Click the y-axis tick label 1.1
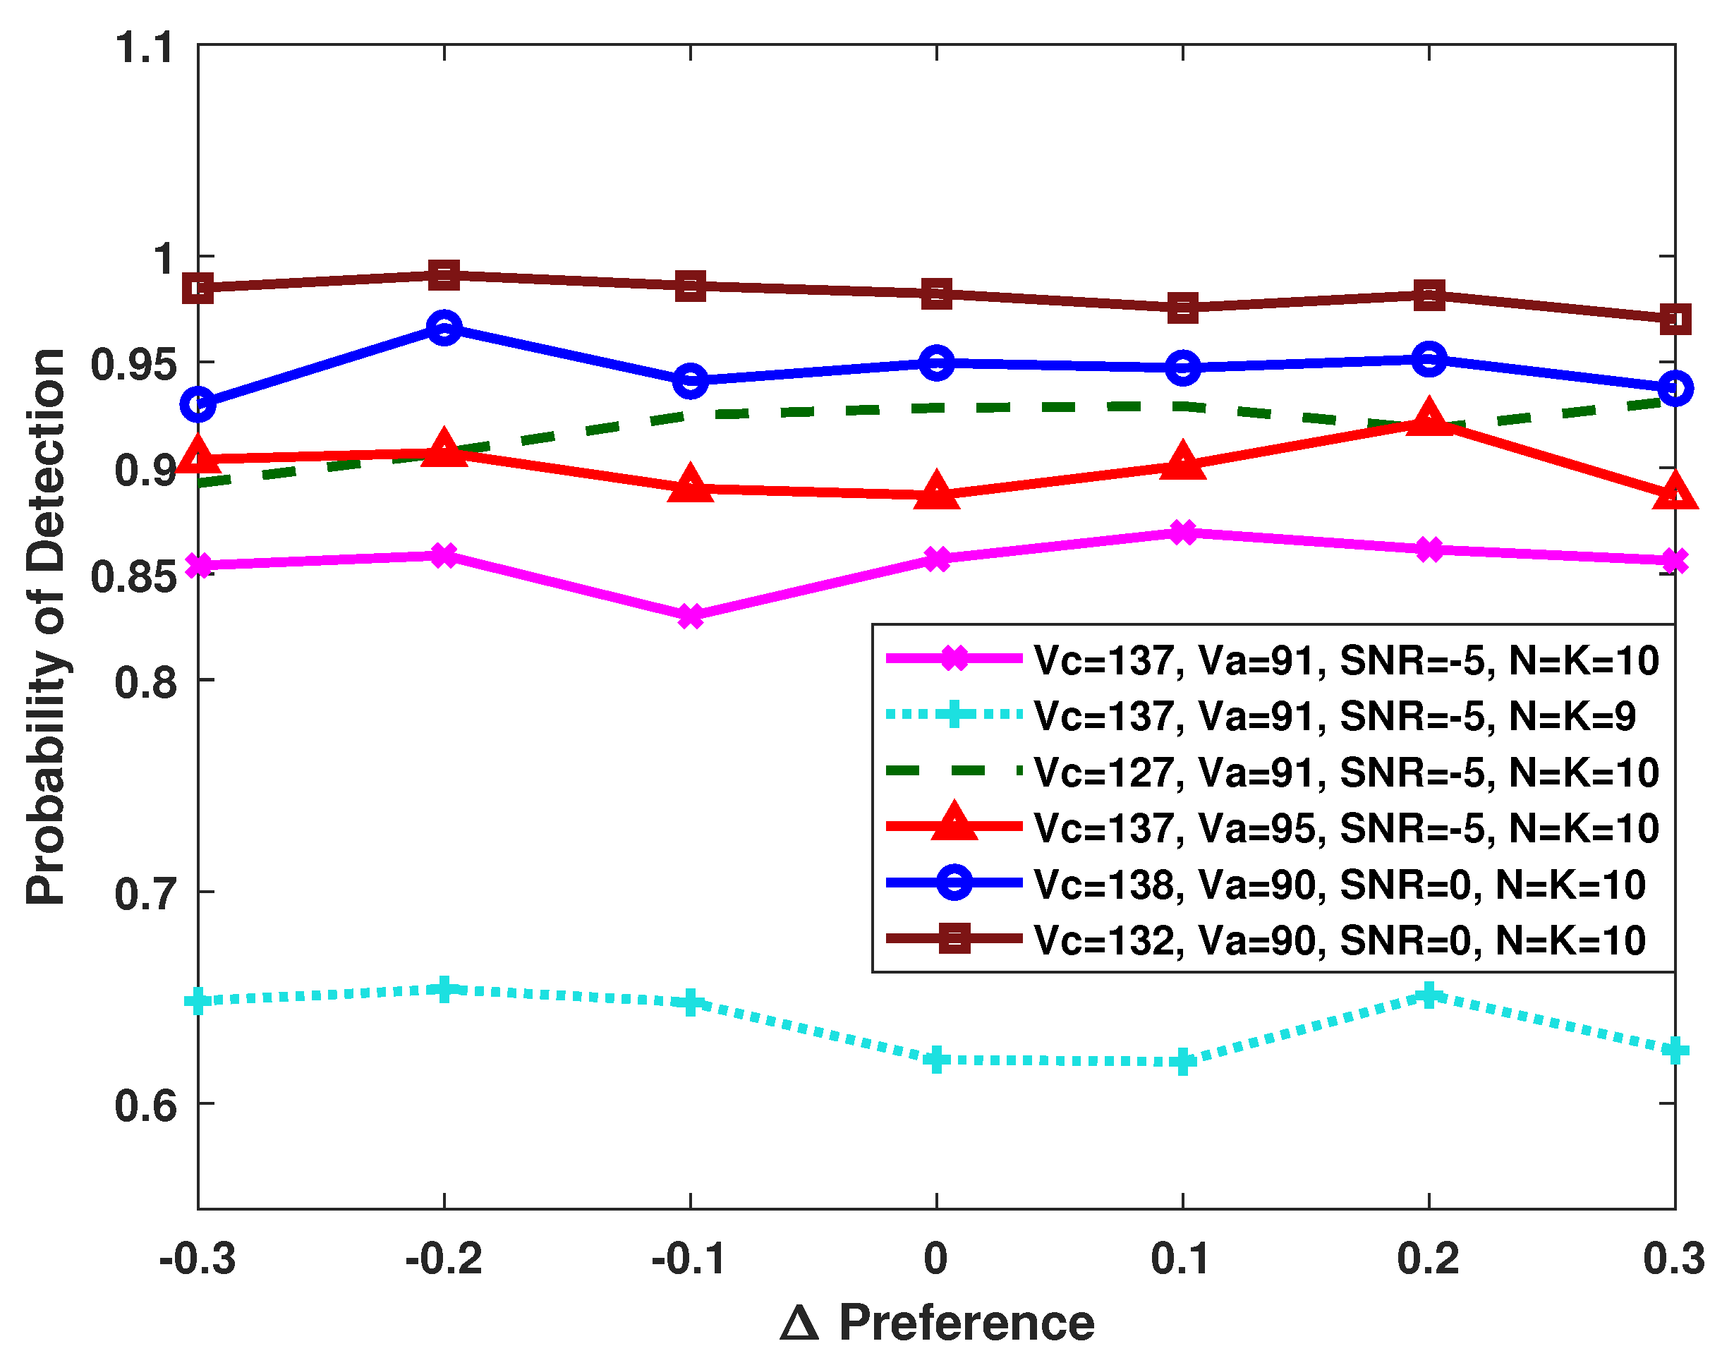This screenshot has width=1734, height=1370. point(145,47)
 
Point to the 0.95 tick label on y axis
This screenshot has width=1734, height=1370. point(133,365)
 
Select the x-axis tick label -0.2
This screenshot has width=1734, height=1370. point(444,1259)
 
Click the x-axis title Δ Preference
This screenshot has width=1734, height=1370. point(936,1323)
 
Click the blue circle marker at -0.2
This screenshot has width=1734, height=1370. point(444,327)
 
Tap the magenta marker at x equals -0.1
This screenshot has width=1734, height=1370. point(691,616)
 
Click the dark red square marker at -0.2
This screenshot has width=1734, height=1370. point(444,275)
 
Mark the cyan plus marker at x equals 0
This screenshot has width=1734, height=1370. point(936,1060)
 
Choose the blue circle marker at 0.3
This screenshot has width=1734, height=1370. point(1675,388)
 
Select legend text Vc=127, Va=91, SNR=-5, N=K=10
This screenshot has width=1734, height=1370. point(1346,772)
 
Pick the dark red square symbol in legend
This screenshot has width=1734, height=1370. point(954,938)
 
